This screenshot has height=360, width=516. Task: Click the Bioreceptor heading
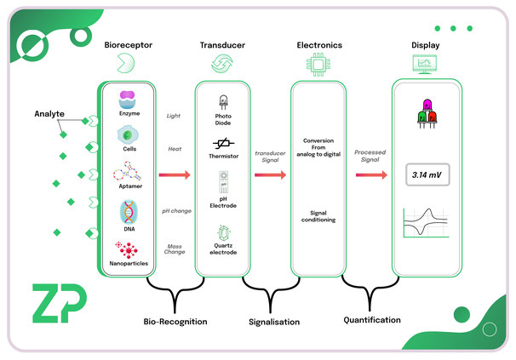tap(128, 43)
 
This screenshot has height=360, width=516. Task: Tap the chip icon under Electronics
tap(318, 64)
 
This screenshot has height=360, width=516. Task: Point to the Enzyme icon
tap(129, 99)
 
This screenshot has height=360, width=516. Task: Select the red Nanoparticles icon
tap(129, 250)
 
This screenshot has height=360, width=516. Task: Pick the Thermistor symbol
tap(223, 147)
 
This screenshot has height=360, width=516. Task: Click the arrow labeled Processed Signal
tap(369, 175)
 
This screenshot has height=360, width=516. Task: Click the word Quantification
tap(373, 320)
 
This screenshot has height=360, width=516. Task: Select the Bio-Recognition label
tap(176, 323)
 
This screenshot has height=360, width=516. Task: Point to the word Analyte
tap(49, 113)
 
